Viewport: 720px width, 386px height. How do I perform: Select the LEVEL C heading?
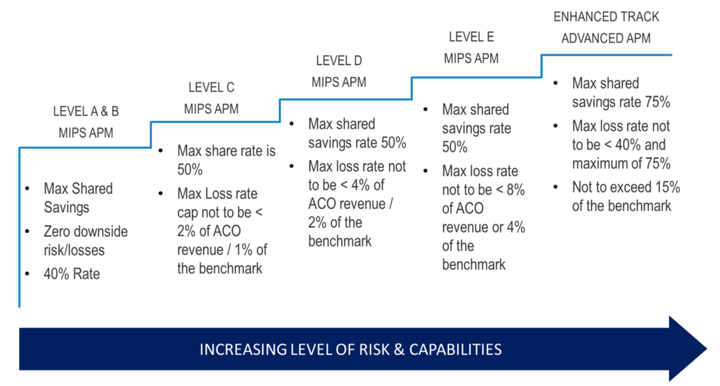click(x=211, y=88)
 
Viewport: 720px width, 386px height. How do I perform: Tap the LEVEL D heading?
click(x=339, y=61)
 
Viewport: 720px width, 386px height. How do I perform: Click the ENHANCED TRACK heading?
click(x=606, y=17)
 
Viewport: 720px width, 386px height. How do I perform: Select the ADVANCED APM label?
click(x=606, y=38)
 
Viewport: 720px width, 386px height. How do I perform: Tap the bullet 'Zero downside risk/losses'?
click(x=85, y=240)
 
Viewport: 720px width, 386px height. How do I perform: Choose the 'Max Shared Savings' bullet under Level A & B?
click(x=78, y=198)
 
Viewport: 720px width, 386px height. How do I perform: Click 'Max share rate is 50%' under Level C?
click(x=226, y=160)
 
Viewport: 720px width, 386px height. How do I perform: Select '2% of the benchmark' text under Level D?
click(x=335, y=232)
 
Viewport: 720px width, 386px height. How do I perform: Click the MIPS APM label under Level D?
click(x=339, y=82)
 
